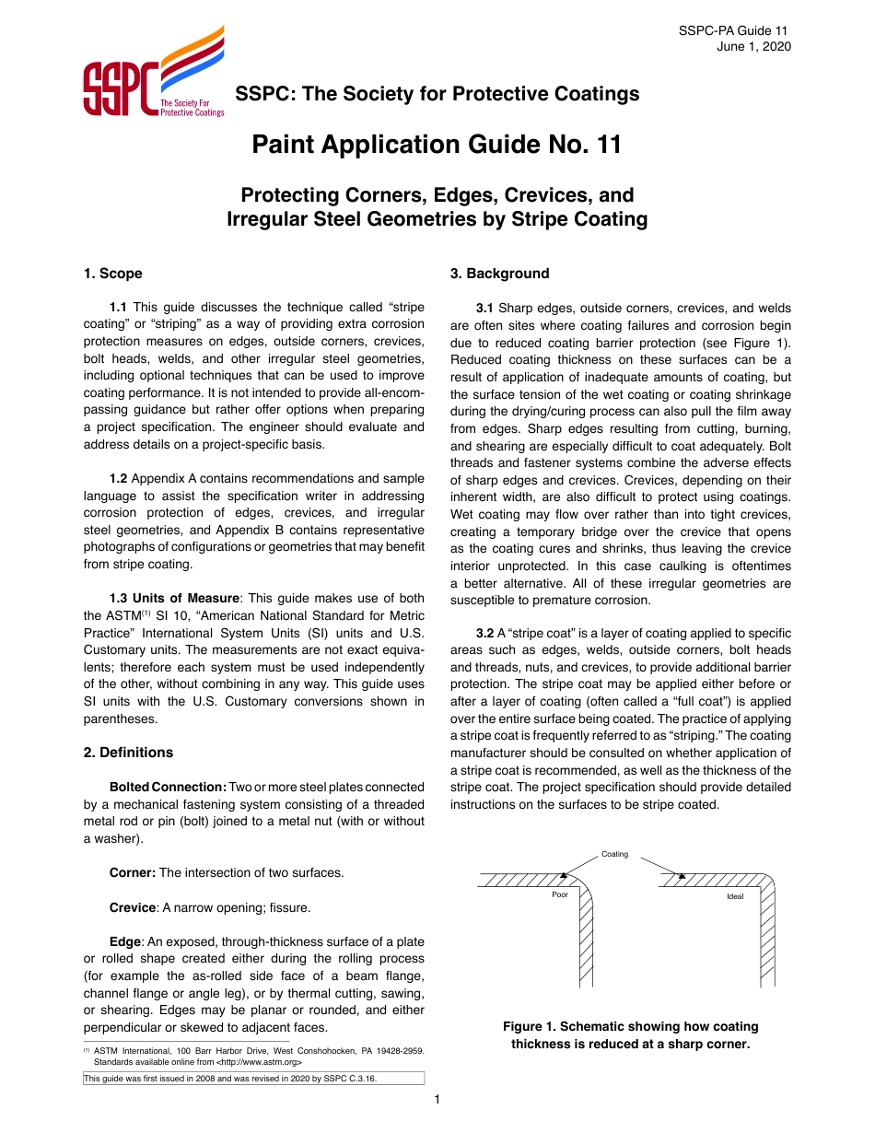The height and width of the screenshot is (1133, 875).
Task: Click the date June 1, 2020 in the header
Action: (x=753, y=47)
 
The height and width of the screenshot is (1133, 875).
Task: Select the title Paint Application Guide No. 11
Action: (x=437, y=145)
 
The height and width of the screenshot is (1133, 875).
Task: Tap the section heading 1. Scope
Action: (x=112, y=274)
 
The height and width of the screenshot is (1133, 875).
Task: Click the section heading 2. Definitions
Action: (x=128, y=753)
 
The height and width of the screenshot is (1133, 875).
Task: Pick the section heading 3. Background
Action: (x=499, y=274)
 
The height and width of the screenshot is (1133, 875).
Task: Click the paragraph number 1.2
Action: (x=118, y=479)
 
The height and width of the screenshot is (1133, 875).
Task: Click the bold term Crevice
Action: (x=132, y=908)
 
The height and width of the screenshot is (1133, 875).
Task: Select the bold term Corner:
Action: (x=133, y=872)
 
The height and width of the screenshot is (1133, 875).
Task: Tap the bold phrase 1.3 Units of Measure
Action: (x=174, y=598)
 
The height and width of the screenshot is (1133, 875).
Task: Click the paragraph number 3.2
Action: (x=484, y=633)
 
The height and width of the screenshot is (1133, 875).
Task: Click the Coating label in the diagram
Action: (x=614, y=854)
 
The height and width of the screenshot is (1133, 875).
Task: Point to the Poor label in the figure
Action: (x=560, y=894)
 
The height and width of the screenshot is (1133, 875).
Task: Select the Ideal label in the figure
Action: (x=735, y=896)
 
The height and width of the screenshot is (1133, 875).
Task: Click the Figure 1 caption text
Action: (x=630, y=1034)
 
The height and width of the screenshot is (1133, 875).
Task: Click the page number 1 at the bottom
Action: (x=437, y=1099)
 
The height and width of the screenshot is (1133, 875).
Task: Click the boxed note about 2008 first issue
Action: (x=253, y=1079)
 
